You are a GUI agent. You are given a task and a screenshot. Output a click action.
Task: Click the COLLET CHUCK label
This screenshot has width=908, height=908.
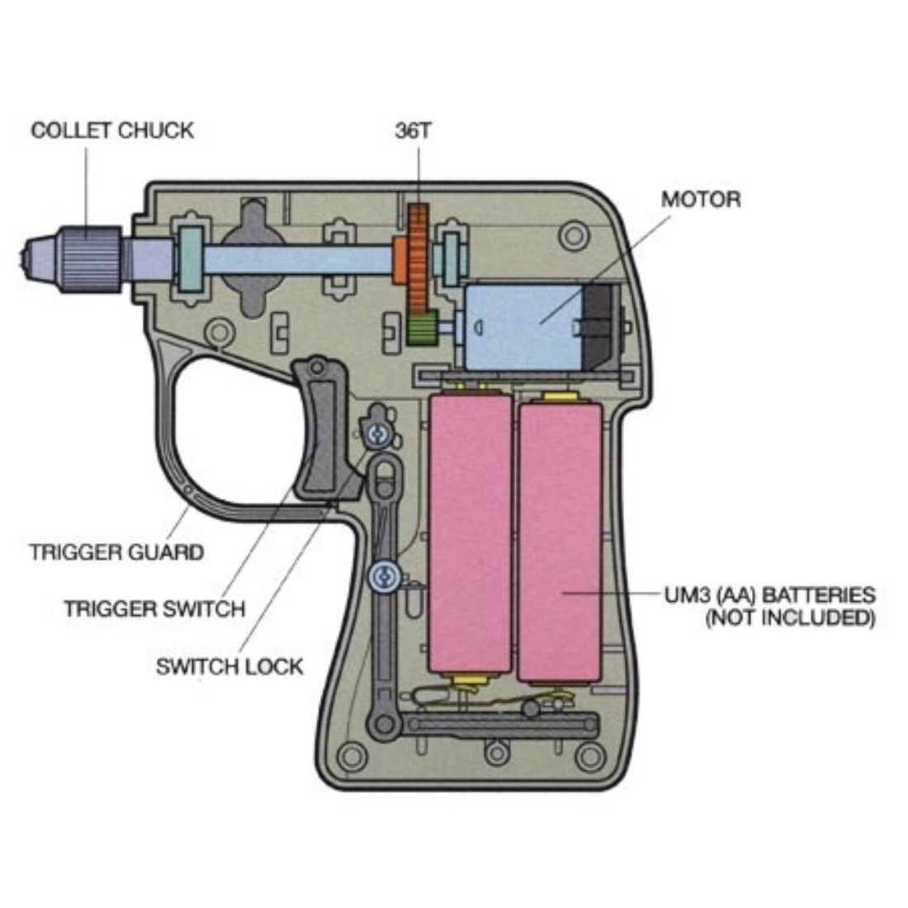click(111, 130)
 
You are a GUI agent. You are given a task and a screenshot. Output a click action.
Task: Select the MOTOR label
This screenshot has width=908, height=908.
click(700, 199)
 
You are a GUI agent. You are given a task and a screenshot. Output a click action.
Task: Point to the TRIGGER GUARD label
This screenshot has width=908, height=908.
click(116, 551)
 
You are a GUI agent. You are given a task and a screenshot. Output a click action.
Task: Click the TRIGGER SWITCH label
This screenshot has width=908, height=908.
click(154, 609)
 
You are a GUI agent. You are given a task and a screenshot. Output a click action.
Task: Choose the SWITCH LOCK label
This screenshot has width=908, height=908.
click(229, 665)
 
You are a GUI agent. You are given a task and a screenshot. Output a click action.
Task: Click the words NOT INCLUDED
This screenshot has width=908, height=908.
click(789, 618)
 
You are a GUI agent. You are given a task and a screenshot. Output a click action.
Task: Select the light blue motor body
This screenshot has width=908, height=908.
click(520, 326)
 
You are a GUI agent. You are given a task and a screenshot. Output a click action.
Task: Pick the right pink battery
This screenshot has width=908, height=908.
click(560, 541)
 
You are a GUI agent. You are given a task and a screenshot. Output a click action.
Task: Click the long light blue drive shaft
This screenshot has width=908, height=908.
click(297, 260)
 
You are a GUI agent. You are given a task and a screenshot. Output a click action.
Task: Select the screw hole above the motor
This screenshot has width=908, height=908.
click(573, 236)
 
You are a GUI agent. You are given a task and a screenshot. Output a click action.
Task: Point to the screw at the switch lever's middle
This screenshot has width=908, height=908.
click(382, 575)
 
